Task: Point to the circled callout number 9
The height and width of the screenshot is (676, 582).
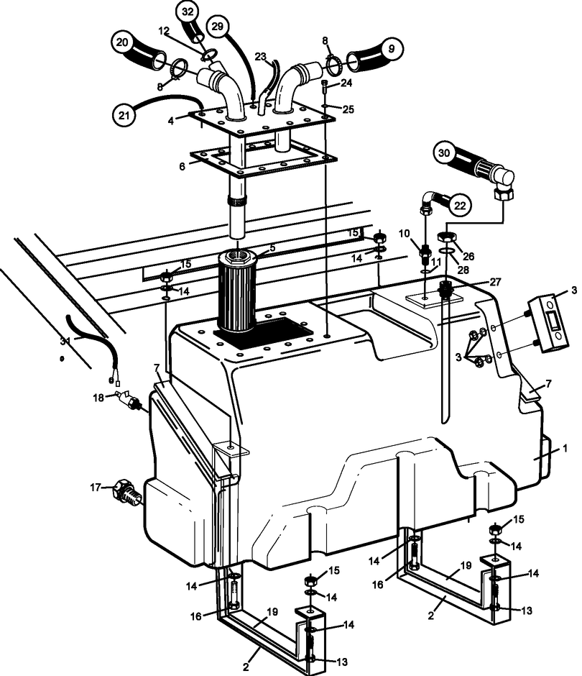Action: click(391, 49)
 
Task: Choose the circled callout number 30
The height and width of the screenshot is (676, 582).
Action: click(444, 152)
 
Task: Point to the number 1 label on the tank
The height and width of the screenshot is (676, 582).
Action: click(565, 448)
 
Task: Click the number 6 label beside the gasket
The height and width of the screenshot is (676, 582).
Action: click(183, 165)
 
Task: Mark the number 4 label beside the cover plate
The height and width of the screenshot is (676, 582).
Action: click(172, 121)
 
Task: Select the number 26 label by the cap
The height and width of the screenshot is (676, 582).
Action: click(468, 255)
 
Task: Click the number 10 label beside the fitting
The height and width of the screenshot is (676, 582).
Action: click(405, 234)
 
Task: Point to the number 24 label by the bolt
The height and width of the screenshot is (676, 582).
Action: click(346, 83)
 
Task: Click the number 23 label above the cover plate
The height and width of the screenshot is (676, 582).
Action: click(260, 56)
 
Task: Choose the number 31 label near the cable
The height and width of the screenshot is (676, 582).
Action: click(66, 342)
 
